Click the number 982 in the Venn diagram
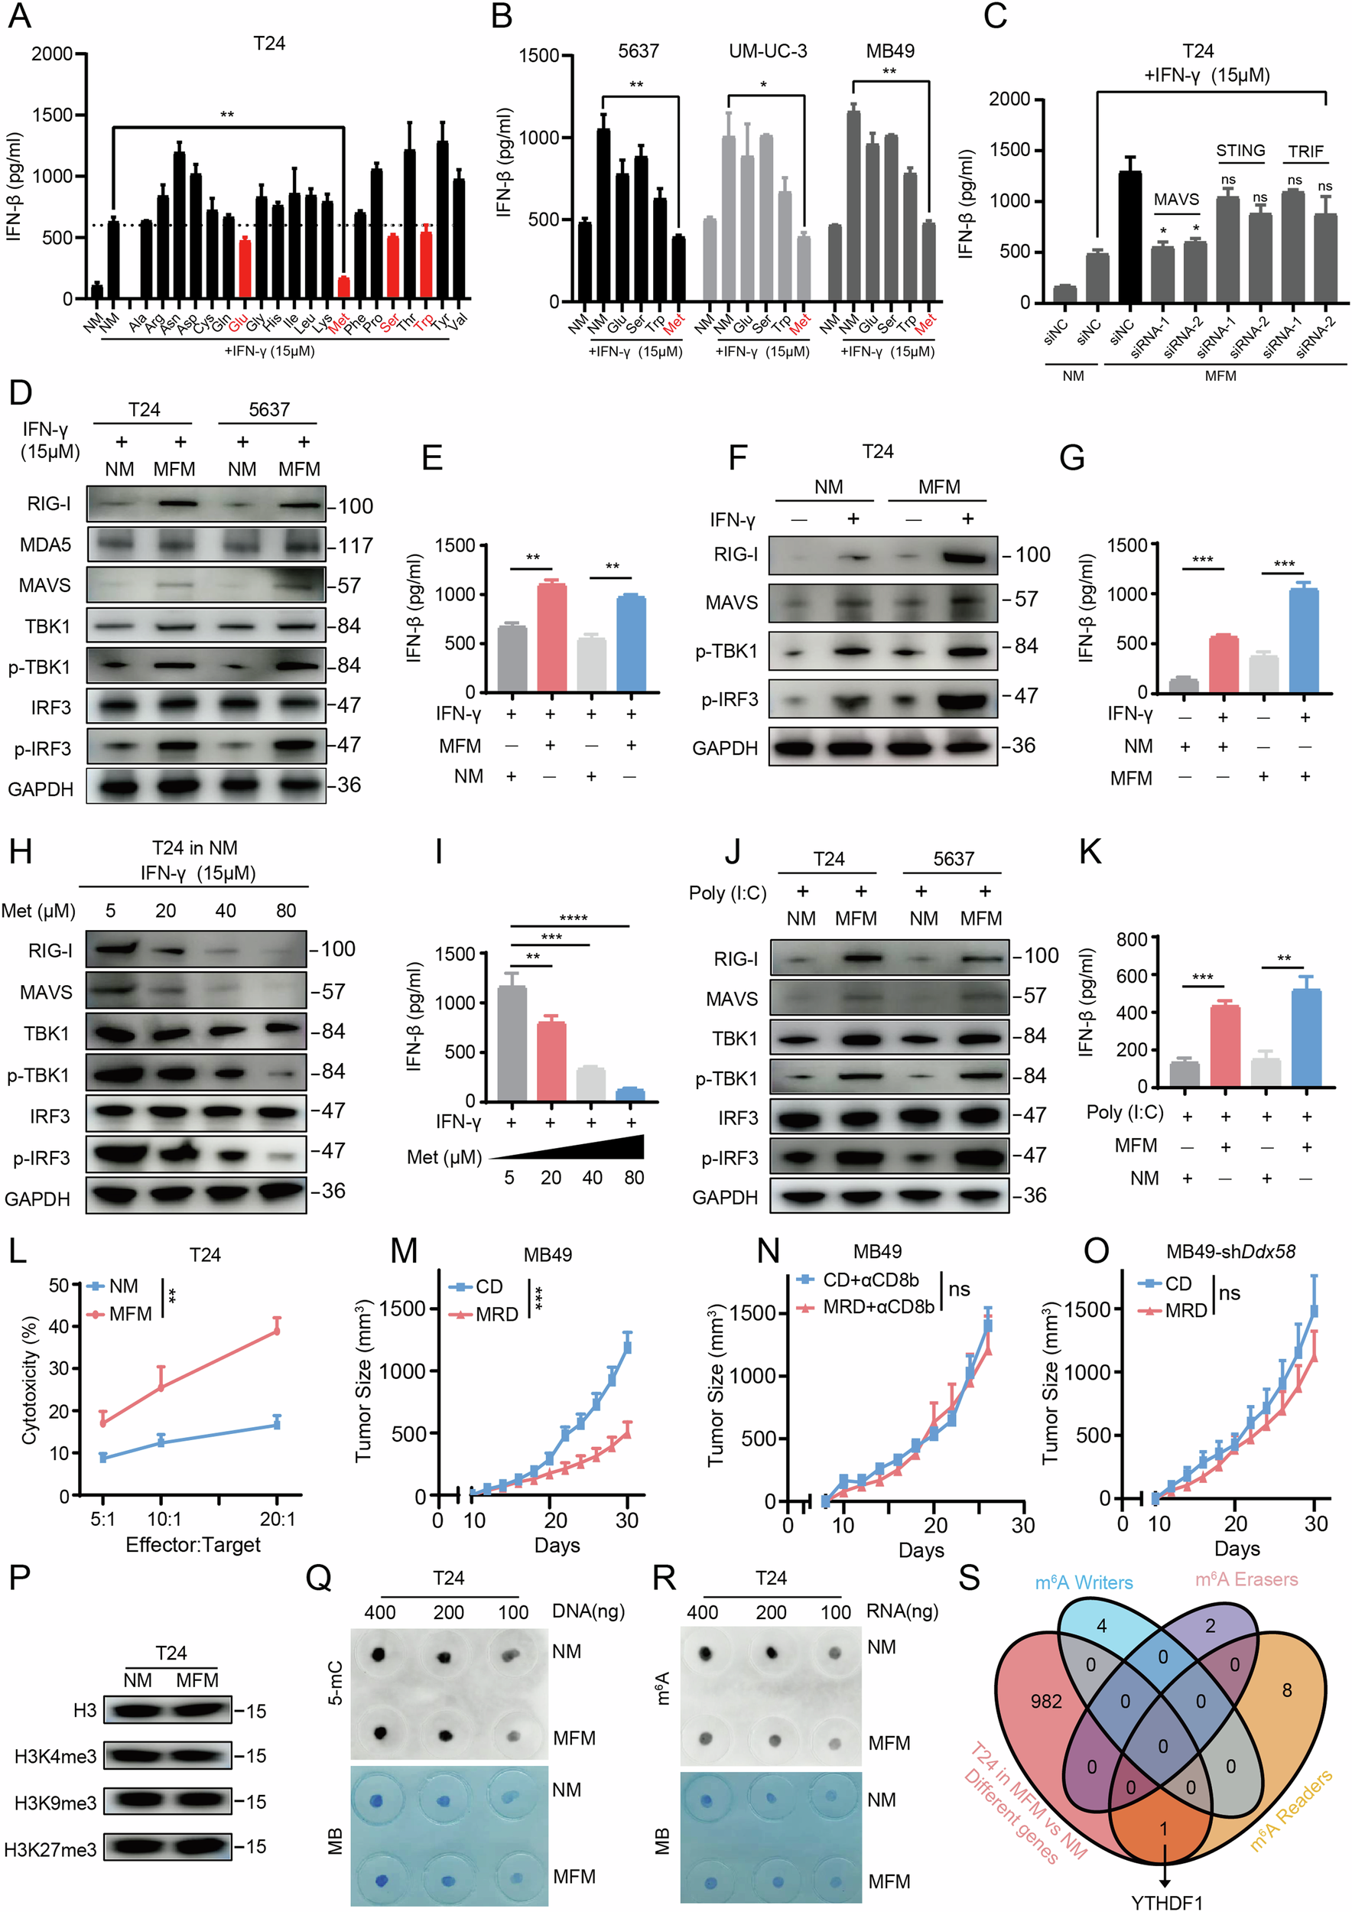[1045, 1702]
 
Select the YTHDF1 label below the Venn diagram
[1166, 1902]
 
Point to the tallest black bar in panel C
[1129, 236]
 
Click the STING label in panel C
[1240, 151]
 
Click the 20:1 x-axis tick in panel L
[278, 1519]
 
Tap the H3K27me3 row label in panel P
[50, 1849]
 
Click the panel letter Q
[319, 1578]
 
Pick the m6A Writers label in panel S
[1083, 1582]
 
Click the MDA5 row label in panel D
[46, 545]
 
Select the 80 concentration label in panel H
[285, 910]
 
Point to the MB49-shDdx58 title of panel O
[1230, 1252]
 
